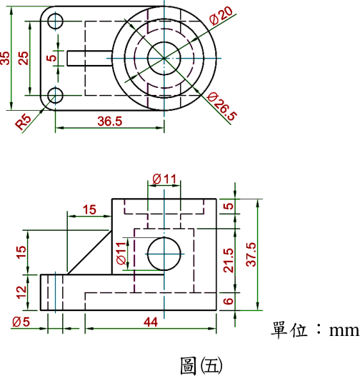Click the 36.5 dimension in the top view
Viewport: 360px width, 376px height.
(x=110, y=122)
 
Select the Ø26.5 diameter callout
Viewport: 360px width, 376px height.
(x=222, y=106)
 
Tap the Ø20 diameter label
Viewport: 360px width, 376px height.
(x=221, y=16)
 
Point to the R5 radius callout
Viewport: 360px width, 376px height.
(x=23, y=122)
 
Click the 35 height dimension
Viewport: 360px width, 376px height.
(x=5, y=58)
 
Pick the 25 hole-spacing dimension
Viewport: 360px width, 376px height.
(x=24, y=58)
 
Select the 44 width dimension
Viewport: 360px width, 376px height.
(x=151, y=322)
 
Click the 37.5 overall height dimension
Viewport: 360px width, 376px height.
(x=251, y=254)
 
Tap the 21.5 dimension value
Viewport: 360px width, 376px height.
(x=228, y=260)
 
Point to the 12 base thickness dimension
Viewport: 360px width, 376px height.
(x=21, y=292)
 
